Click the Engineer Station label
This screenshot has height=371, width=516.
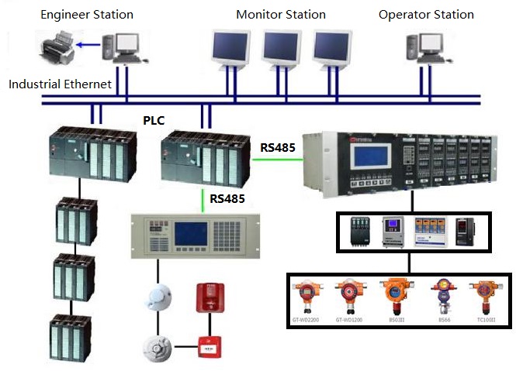point(87,15)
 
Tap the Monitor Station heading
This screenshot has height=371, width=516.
point(281,15)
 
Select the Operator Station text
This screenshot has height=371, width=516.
point(426,15)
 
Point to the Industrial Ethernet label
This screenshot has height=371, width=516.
point(61,84)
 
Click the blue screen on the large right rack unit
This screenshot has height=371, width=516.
point(370,163)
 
